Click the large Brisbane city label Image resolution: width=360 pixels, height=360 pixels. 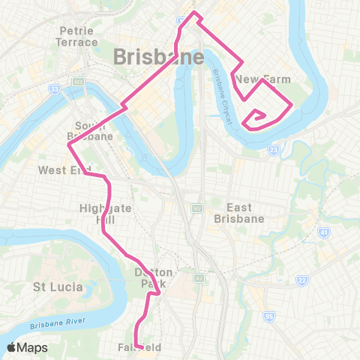[158, 58]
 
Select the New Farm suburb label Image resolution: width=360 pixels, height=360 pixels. [257, 79]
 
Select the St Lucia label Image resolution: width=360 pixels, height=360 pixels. [55, 287]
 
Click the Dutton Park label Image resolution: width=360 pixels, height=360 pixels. [154, 278]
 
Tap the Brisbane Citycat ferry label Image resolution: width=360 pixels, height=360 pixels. [223, 88]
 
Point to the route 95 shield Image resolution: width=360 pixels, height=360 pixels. [268, 317]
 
